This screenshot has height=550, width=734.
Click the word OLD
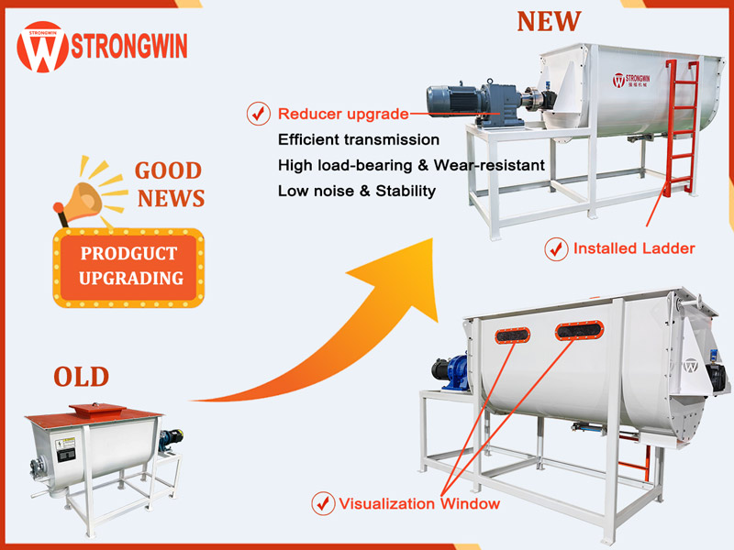(x=81, y=376)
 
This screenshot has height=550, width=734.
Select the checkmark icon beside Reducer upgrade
(x=258, y=115)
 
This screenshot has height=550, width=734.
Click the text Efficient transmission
(x=359, y=139)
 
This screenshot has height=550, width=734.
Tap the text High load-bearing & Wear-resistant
(x=411, y=165)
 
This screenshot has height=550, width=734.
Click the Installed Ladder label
(x=633, y=248)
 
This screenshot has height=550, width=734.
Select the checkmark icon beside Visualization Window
(x=322, y=503)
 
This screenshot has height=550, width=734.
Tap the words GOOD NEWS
(x=169, y=184)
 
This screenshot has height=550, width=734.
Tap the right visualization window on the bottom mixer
(x=580, y=329)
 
